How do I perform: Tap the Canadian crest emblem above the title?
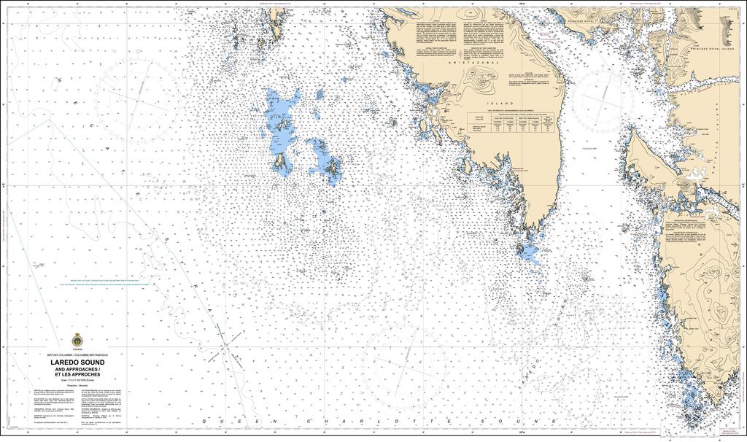coord(77,341)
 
